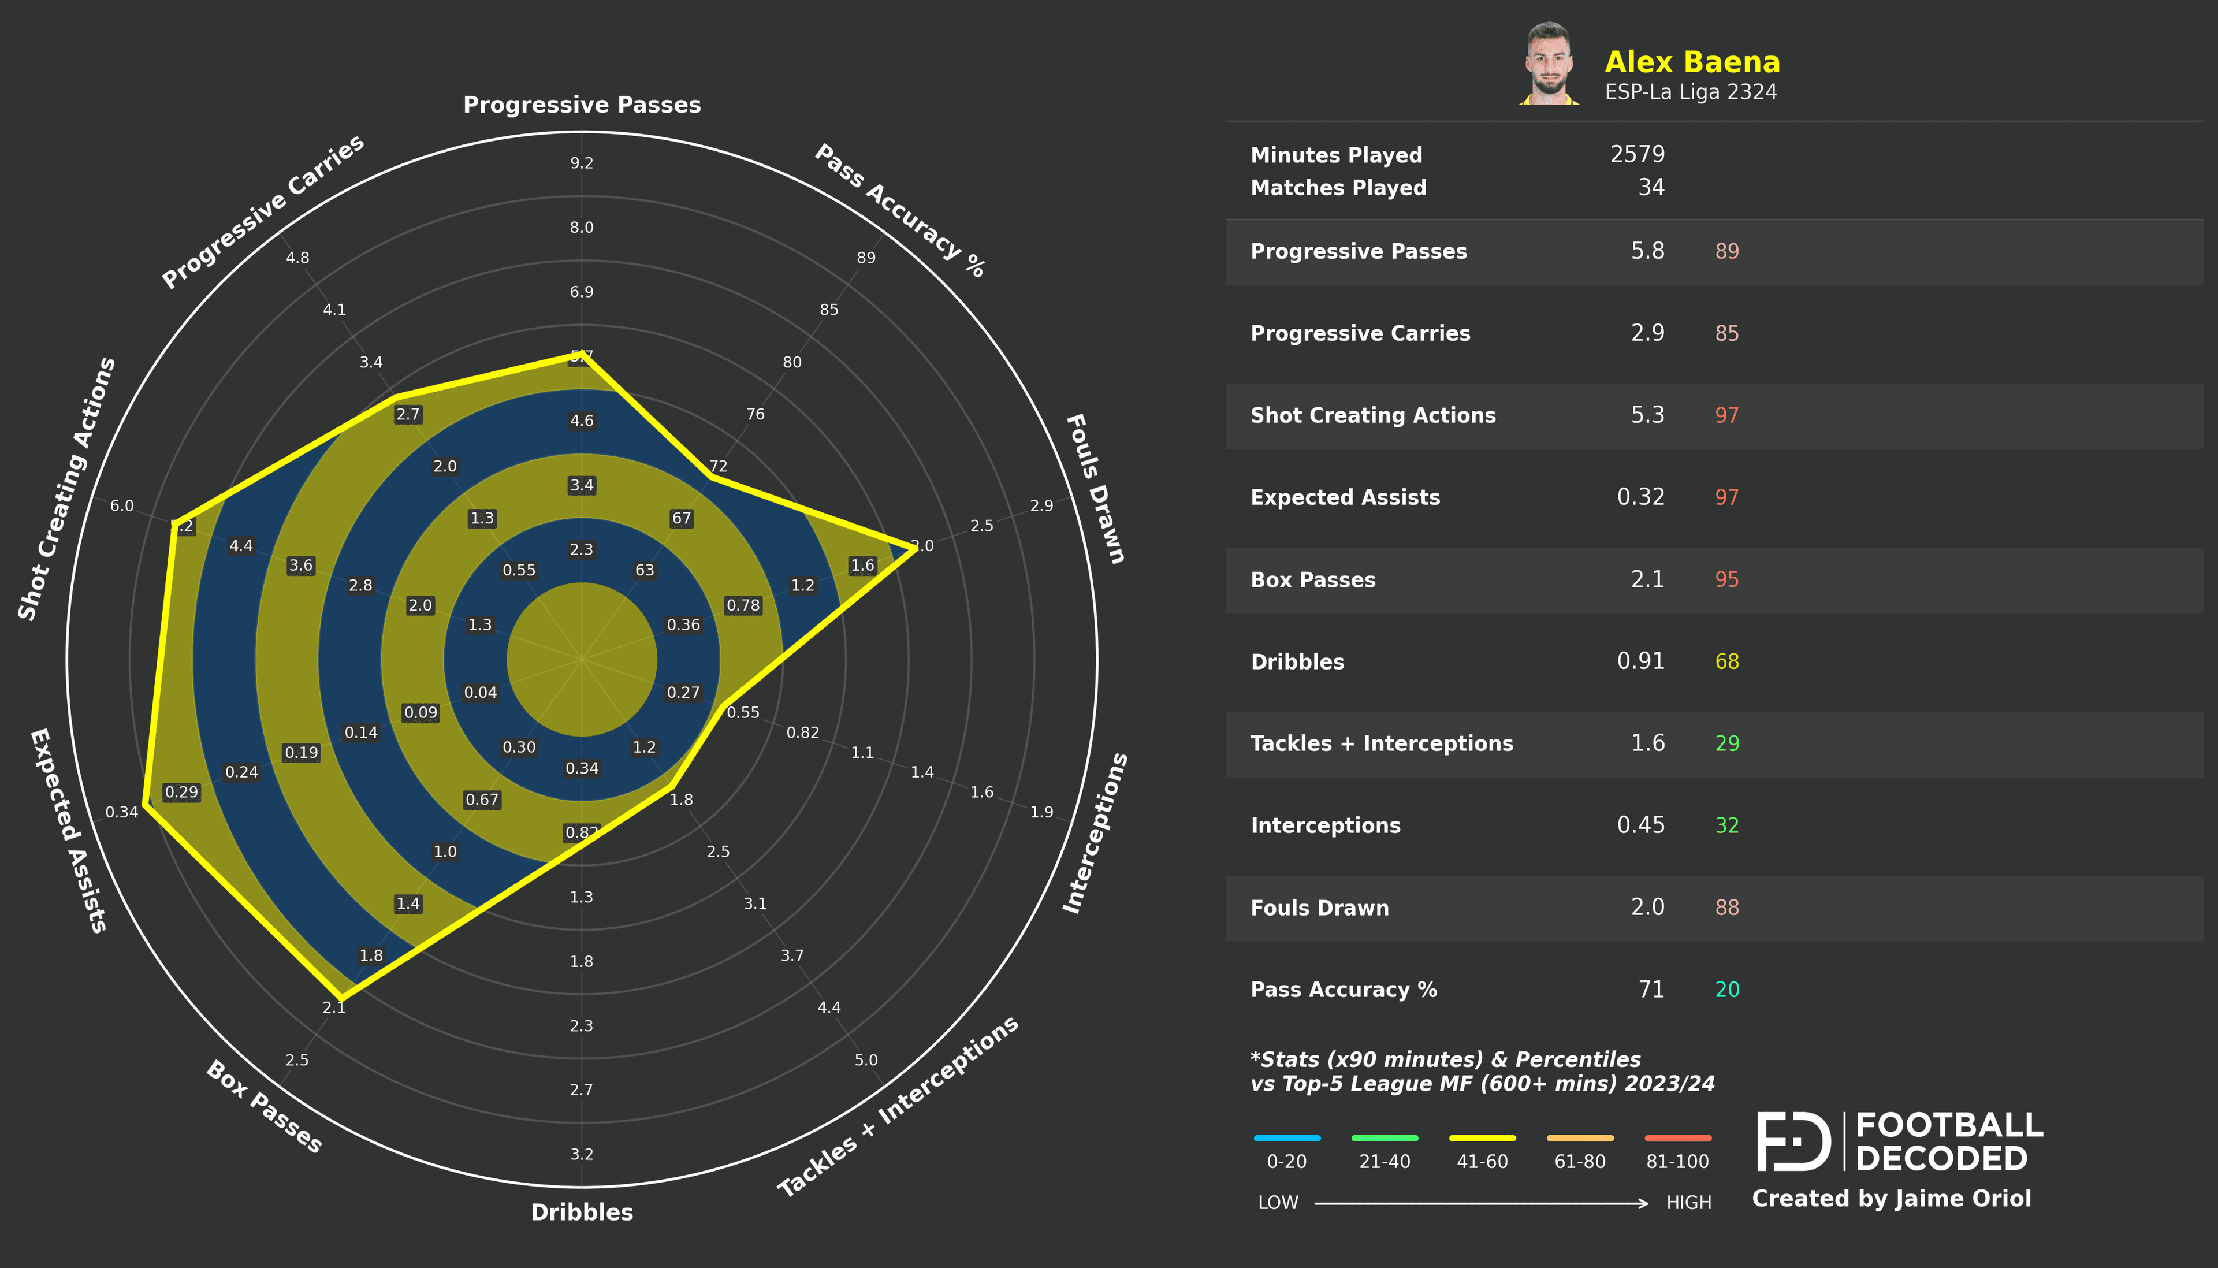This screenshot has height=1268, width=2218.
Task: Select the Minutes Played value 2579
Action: point(1636,154)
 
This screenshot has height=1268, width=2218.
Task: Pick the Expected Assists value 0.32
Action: point(1640,497)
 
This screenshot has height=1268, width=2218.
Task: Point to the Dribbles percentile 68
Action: point(1726,662)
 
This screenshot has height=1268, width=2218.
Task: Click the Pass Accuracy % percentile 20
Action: point(1726,990)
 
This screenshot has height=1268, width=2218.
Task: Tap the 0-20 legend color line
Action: point(1286,1137)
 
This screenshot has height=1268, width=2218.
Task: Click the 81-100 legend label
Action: point(1677,1162)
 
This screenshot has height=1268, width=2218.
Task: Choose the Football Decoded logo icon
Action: point(1793,1141)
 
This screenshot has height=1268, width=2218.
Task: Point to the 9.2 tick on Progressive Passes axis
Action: point(582,163)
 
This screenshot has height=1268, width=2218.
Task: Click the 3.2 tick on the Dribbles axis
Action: point(582,1154)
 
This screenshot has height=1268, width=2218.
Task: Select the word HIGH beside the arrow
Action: point(1688,1203)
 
